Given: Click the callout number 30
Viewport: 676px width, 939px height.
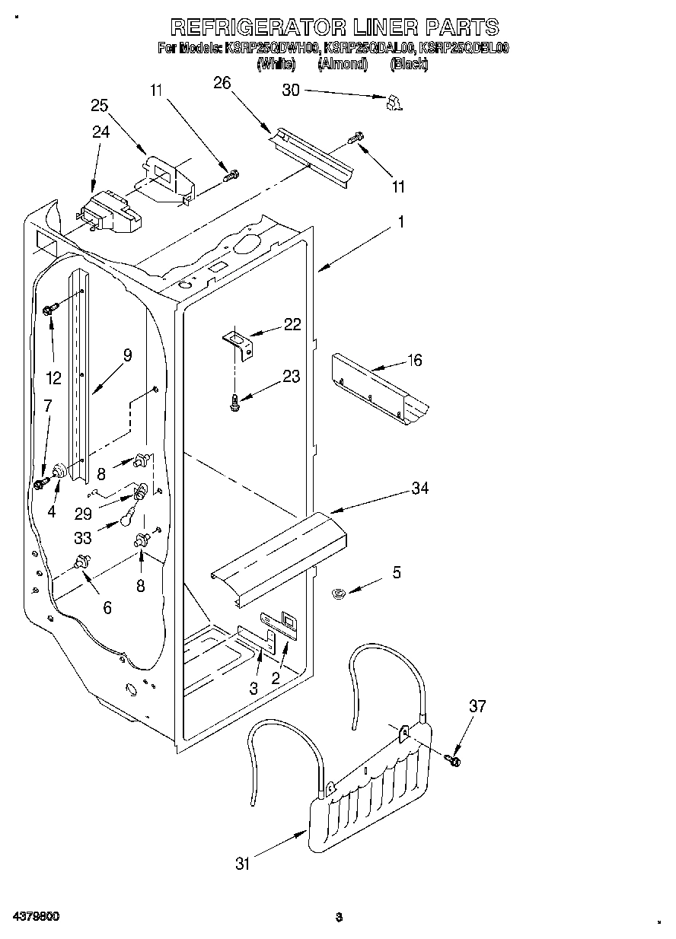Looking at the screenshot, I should (x=291, y=90).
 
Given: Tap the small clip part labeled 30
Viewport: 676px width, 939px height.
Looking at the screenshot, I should (x=394, y=103).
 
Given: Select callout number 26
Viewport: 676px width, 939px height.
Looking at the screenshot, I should (x=222, y=84).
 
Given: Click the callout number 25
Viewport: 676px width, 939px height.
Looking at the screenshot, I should (x=100, y=106).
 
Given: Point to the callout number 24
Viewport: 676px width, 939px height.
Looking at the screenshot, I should (x=101, y=132).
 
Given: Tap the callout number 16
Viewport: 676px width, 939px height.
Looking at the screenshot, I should (x=413, y=360).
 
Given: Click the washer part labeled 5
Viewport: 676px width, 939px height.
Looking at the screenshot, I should (x=340, y=593).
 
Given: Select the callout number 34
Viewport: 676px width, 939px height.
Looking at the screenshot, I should (x=419, y=488).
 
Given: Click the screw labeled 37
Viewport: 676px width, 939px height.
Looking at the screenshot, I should (x=454, y=758).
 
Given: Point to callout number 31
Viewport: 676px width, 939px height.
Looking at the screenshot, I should (x=243, y=863).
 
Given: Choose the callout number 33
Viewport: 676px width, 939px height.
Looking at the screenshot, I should (x=83, y=538).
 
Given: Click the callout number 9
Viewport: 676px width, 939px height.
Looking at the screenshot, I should (x=126, y=355).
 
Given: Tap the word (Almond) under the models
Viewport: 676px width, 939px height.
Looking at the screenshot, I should (x=342, y=65).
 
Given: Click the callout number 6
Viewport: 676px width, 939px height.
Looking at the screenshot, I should (x=107, y=607).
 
